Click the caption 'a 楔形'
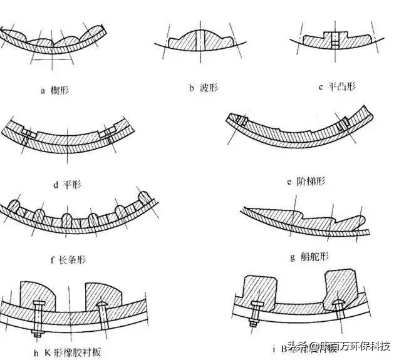tap(55, 90)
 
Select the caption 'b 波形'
tap(200, 89)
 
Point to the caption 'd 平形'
tap(68, 184)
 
